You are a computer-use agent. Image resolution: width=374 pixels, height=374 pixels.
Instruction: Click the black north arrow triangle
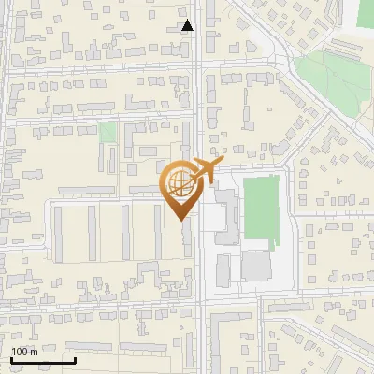(188, 25)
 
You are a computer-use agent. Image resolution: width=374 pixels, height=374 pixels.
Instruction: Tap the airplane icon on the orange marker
(203, 171)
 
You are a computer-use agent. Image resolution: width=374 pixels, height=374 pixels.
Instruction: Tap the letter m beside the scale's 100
(36, 352)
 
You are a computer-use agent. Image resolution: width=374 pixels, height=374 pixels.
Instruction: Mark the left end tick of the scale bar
(10, 359)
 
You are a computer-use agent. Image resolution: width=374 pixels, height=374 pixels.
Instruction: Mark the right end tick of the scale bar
(75, 359)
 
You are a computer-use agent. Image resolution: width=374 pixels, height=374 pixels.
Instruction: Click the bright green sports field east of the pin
(261, 207)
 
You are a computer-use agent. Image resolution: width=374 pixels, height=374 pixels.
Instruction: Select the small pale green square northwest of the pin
(108, 133)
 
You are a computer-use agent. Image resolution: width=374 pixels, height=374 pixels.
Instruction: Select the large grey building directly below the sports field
(256, 265)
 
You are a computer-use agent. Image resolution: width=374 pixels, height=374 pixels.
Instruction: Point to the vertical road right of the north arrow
(199, 56)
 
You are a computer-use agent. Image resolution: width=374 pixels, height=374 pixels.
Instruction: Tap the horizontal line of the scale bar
(42, 360)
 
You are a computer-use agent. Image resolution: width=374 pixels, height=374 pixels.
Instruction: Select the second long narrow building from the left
(92, 232)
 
